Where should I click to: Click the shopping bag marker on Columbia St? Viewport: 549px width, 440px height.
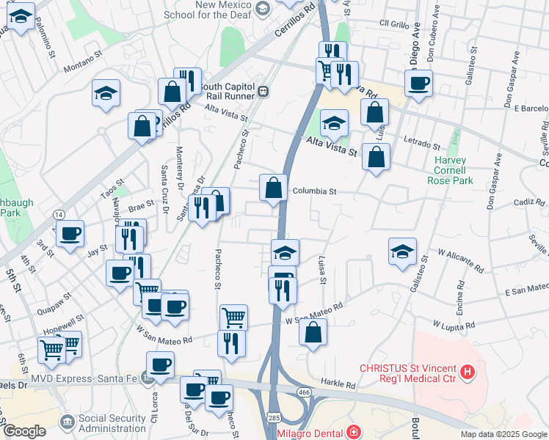(273, 188)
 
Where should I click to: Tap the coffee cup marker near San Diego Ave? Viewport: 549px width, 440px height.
(418, 83)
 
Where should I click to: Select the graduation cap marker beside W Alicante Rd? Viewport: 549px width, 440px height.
(402, 251)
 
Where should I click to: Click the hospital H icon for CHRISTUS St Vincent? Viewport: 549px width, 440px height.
(467, 373)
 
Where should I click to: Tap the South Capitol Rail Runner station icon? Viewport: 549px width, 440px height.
(262, 92)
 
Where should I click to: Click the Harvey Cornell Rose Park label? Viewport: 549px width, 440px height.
(454, 170)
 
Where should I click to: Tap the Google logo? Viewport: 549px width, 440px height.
(24, 431)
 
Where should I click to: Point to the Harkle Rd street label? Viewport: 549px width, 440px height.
(338, 384)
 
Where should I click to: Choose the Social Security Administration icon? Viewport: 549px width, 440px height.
(68, 422)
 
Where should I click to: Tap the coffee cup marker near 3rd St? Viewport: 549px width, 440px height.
(70, 235)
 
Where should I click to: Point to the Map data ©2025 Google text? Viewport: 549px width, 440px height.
(503, 434)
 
